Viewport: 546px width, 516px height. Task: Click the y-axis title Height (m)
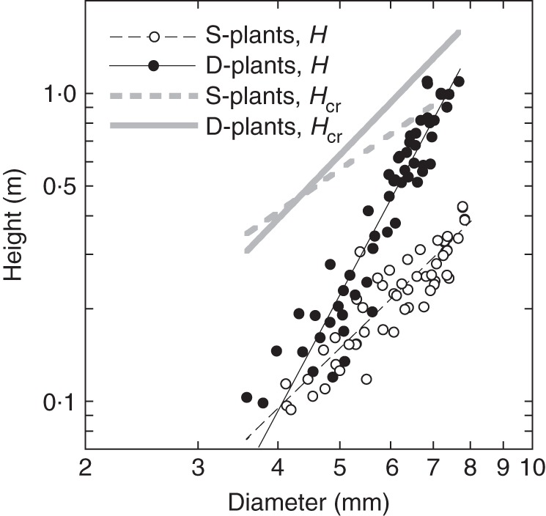pyautogui.click(x=15, y=228)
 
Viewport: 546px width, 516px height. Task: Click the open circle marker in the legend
pyautogui.click(x=154, y=36)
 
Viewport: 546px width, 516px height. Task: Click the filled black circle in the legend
pyautogui.click(x=154, y=66)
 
